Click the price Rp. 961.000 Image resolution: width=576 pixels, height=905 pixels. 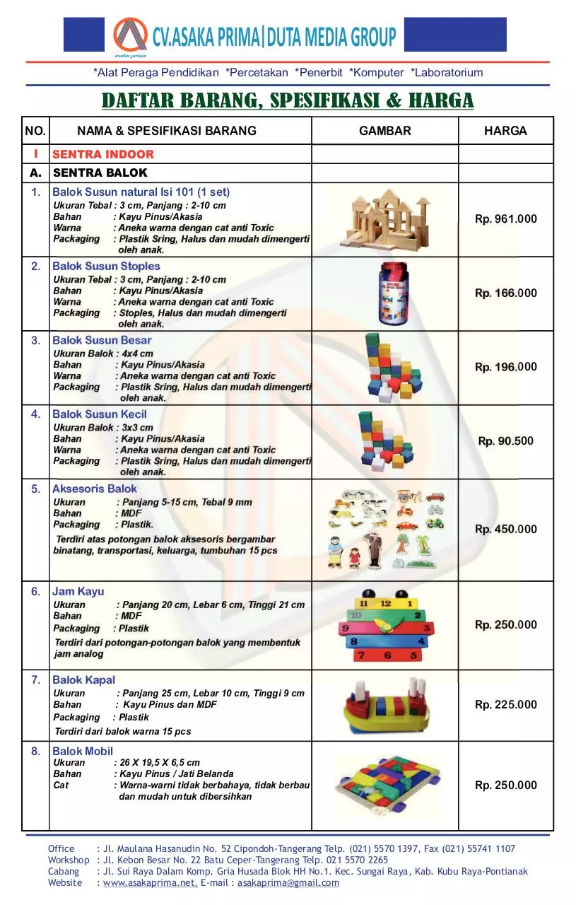(505, 219)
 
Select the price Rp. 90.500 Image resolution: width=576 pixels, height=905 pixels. (505, 441)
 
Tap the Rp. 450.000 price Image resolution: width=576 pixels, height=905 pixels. (505, 530)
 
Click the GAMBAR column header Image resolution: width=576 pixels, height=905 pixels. (384, 131)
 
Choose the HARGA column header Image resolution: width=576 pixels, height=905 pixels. (505, 131)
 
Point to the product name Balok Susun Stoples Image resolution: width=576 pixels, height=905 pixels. (106, 267)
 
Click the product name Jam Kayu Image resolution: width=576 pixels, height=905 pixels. (78, 592)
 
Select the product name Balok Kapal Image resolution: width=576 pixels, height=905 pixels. (83, 680)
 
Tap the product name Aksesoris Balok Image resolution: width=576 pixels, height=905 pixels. (95, 489)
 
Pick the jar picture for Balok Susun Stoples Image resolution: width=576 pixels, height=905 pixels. (384, 293)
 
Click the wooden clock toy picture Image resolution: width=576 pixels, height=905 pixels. (384, 626)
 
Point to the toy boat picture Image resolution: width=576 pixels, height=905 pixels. (384, 706)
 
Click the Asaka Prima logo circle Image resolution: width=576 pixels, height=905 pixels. (130, 35)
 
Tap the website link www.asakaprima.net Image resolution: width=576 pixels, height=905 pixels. (150, 882)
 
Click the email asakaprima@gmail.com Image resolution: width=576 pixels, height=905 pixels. (288, 882)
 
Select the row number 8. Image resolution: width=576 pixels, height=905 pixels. (36, 752)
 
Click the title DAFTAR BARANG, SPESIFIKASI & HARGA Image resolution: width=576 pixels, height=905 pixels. (288, 101)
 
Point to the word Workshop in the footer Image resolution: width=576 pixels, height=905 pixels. (69, 860)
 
